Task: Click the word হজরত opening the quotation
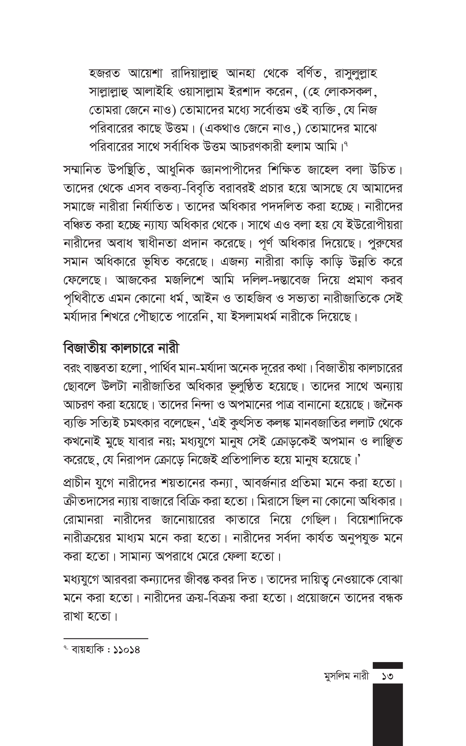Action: pyautogui.click(x=104, y=74)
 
